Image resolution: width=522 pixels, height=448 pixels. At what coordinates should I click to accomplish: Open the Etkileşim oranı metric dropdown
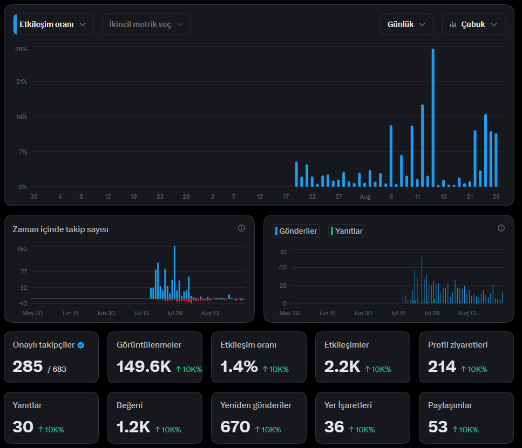point(53,24)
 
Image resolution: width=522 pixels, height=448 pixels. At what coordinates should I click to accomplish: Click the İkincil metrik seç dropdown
point(146,24)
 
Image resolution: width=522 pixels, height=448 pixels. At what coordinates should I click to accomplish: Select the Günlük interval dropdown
point(407,24)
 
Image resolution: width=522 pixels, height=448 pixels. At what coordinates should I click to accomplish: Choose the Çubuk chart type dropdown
point(473,24)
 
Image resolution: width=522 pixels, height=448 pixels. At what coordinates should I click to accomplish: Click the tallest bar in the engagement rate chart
point(433,118)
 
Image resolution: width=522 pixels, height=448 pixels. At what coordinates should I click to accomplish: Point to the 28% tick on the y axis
point(21,49)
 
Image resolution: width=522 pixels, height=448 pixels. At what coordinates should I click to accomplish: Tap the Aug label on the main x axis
point(365,196)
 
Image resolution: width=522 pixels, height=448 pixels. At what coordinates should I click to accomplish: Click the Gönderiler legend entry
point(296,231)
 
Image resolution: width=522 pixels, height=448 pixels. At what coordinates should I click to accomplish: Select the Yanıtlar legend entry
point(347,231)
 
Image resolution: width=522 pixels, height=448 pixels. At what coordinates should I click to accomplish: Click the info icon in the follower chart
point(241,228)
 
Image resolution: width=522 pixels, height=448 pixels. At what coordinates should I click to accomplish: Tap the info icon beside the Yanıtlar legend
point(501,228)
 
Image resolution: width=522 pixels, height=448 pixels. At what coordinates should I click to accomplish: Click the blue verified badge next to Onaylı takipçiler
point(81,345)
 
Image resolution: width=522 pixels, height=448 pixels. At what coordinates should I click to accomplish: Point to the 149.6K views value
point(144,366)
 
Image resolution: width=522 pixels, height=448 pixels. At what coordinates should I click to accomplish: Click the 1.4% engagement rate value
point(239,366)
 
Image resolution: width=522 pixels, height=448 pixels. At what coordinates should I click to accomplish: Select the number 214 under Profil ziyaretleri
point(442,366)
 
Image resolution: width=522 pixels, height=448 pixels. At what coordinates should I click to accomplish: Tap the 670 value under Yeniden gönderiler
point(235,427)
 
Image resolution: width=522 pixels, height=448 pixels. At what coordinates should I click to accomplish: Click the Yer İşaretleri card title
point(348,405)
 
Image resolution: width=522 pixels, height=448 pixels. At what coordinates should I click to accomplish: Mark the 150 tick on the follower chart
point(22,249)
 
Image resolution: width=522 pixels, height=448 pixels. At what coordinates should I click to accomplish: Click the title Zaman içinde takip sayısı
point(60,229)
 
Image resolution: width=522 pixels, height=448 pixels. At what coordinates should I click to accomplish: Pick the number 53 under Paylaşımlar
point(438,427)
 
